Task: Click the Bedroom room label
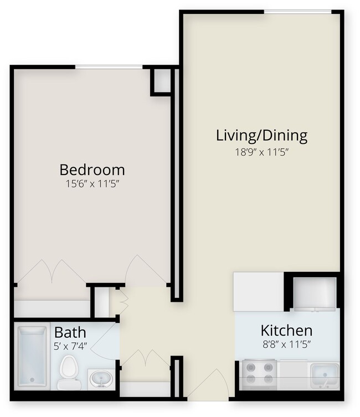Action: pos(92,169)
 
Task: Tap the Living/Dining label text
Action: pos(261,135)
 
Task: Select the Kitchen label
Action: pos(286,331)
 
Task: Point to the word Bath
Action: pos(70,333)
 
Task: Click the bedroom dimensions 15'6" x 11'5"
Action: pos(92,184)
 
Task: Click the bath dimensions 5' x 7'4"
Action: pos(71,346)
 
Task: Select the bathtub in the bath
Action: pos(33,356)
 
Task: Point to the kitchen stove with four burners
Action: pos(260,373)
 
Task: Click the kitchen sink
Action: pos(325,374)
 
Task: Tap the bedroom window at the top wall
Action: pos(109,67)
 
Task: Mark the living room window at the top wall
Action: pos(297,11)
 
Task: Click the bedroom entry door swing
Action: pos(145,271)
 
